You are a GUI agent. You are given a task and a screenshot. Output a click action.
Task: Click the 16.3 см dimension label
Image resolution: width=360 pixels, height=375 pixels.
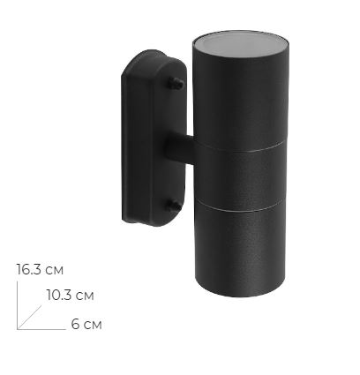(39, 269)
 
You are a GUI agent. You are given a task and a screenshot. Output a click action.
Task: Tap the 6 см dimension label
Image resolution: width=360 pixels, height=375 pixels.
(86, 325)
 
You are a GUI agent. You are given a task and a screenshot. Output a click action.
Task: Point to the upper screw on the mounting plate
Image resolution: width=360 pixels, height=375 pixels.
(180, 84)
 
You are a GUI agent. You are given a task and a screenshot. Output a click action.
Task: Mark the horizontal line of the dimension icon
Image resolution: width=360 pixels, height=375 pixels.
(41, 329)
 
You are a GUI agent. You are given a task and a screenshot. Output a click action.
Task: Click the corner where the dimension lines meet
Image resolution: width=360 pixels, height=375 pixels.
(18, 329)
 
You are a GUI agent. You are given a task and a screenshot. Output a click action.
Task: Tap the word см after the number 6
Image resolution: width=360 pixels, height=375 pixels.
(93, 325)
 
